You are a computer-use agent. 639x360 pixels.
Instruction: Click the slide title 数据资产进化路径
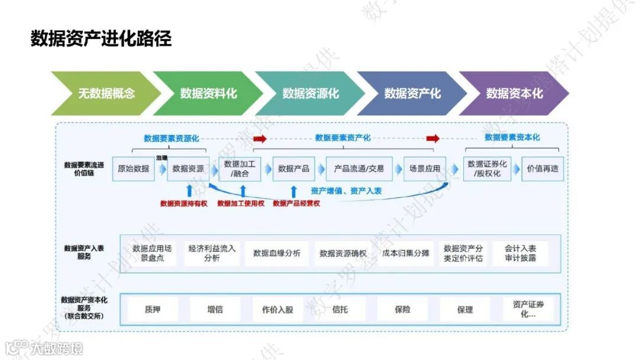point(101,39)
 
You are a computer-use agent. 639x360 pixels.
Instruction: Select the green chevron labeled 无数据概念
point(106,93)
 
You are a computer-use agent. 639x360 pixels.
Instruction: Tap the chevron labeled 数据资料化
point(208,93)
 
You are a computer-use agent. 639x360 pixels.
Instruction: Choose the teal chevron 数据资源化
point(310,93)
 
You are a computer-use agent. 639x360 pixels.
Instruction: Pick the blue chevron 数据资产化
point(412,93)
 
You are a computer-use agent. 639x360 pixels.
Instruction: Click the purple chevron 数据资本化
point(514,93)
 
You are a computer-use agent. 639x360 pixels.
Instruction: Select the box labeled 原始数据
point(133,169)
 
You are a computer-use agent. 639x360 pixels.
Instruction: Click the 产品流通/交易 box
point(359,169)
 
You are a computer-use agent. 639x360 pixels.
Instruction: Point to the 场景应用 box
point(425,169)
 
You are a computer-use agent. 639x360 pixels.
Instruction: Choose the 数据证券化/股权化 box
point(487,169)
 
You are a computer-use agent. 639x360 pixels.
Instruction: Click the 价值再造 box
point(543,169)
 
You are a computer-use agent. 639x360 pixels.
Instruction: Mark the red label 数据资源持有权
point(184,203)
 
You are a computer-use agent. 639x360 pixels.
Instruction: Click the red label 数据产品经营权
point(296,203)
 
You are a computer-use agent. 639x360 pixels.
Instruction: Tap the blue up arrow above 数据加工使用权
point(243,191)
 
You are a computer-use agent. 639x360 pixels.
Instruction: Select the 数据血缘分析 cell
point(277,253)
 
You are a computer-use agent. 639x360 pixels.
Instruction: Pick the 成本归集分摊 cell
point(405,253)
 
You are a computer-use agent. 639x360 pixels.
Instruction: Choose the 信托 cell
point(340,309)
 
